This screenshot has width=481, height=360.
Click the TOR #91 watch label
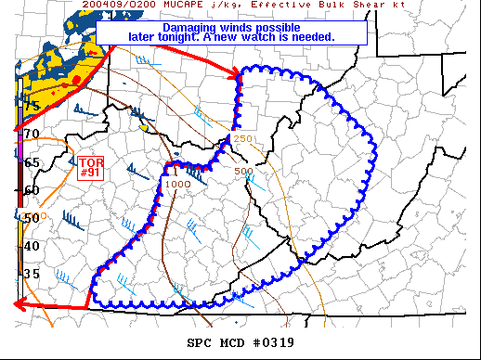(x=90, y=166)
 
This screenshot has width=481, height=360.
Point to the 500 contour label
(x=244, y=172)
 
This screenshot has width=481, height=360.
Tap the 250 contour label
(x=243, y=139)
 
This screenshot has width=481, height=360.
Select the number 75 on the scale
(x=32, y=107)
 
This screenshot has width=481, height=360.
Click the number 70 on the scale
(x=32, y=135)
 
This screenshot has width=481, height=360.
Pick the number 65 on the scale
(x=32, y=162)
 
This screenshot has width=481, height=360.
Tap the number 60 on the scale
(x=32, y=190)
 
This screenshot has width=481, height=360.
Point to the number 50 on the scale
(x=32, y=218)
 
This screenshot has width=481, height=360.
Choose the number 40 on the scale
(x=32, y=246)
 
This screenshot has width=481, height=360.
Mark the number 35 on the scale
(x=32, y=274)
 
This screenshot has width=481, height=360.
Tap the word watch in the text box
(x=288, y=38)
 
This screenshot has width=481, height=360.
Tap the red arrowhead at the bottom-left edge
(x=19, y=304)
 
